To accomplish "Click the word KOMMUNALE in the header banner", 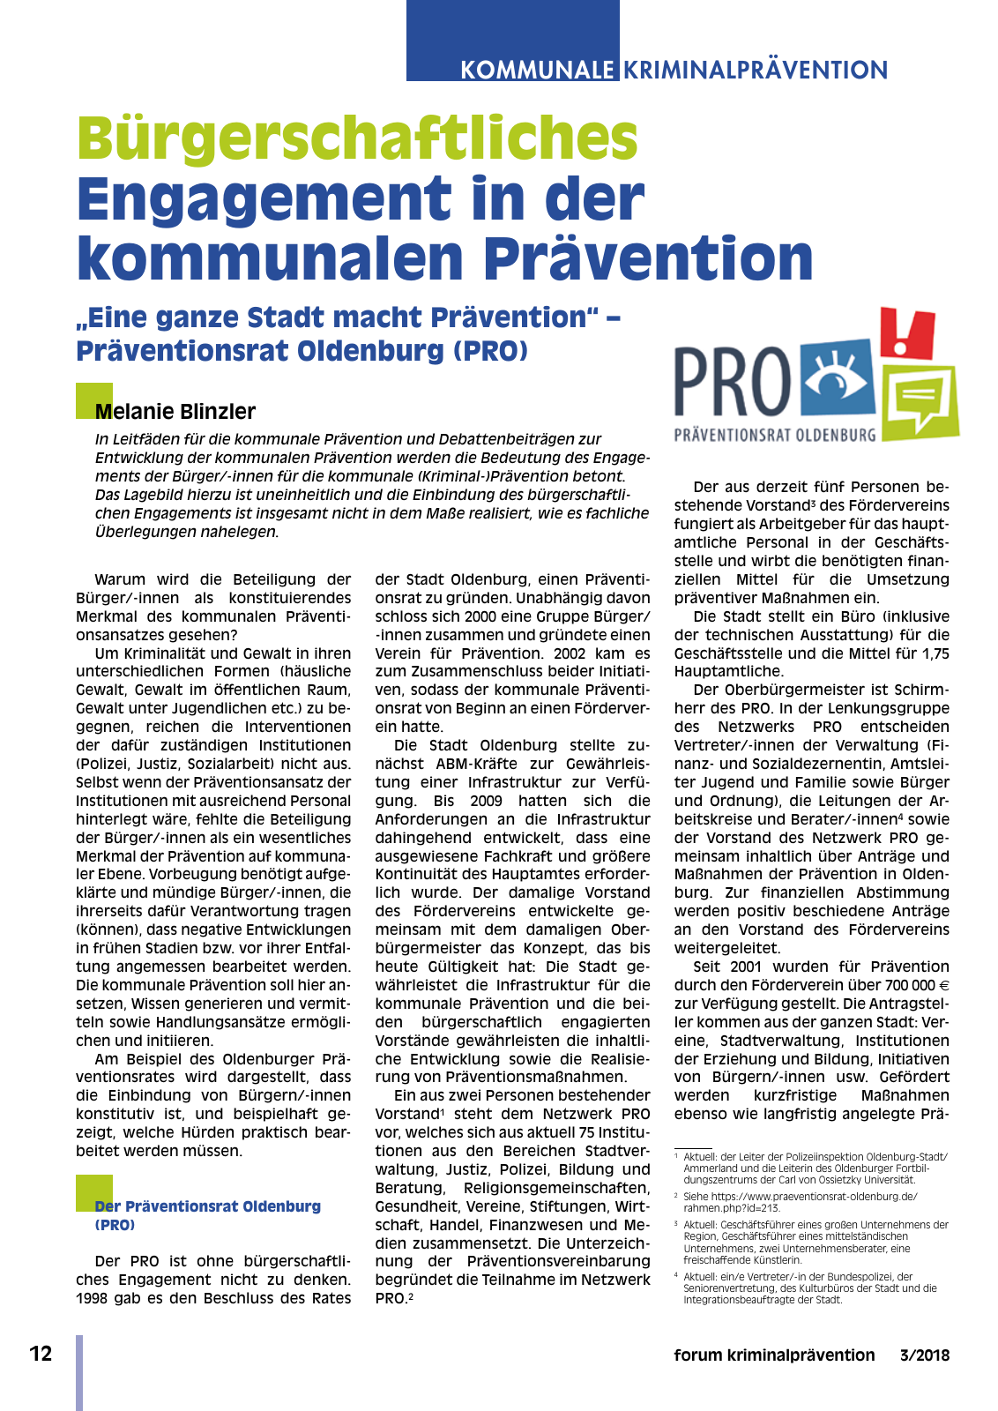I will pos(537,70).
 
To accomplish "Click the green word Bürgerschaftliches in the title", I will pos(357,138).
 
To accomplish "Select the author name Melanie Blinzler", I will pos(175,412).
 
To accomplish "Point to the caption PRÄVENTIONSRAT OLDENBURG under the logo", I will pos(775,435).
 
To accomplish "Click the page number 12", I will pos(41,1354).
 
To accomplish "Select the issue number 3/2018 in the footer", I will pos(925,1355).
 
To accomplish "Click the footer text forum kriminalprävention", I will pos(774,1355).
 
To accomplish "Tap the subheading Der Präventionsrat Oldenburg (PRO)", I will pos(207,1214).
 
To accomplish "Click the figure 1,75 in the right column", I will pos(932,653).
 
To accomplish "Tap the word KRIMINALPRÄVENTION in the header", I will pos(756,70).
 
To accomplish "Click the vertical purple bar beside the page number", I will pos(79,1372).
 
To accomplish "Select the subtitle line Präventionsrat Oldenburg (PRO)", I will pos(302,351).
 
